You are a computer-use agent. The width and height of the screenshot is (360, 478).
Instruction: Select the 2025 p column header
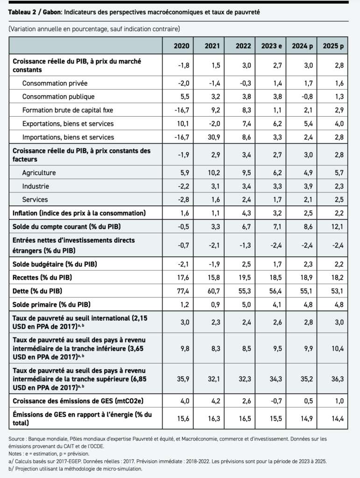[x=334, y=46]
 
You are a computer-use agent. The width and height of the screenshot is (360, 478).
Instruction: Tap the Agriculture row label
[x=39, y=173]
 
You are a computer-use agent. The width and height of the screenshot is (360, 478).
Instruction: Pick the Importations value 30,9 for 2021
[x=212, y=137]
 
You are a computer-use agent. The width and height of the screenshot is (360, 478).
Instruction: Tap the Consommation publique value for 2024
[x=306, y=97]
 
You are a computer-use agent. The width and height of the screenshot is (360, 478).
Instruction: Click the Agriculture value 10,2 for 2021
[x=212, y=173]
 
